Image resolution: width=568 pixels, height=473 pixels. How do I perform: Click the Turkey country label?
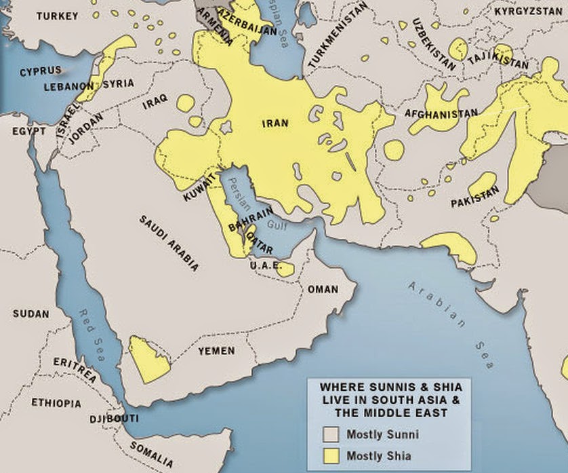click(58, 16)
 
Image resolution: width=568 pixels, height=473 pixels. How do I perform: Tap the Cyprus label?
click(40, 71)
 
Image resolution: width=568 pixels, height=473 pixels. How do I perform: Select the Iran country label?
click(275, 124)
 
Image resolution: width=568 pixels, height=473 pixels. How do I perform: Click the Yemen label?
click(216, 351)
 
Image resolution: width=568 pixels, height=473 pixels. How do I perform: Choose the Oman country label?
click(323, 289)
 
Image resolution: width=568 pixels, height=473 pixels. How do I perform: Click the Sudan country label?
click(31, 314)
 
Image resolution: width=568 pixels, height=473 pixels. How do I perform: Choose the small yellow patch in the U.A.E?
click(287, 269)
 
